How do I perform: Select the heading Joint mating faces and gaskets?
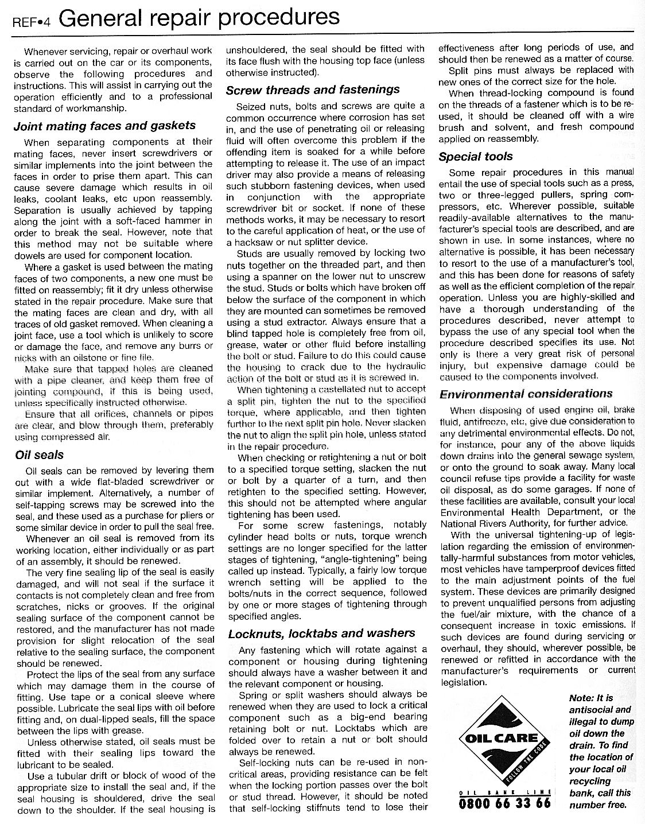pyautogui.click(x=104, y=125)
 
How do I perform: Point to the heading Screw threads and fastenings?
pyautogui.click(x=313, y=90)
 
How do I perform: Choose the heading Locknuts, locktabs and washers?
pyautogui.click(x=321, y=633)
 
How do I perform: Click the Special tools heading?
pyautogui.click(x=476, y=156)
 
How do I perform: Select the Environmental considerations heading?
pyautogui.click(x=526, y=394)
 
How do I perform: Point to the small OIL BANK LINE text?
pyautogui.click(x=504, y=792)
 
